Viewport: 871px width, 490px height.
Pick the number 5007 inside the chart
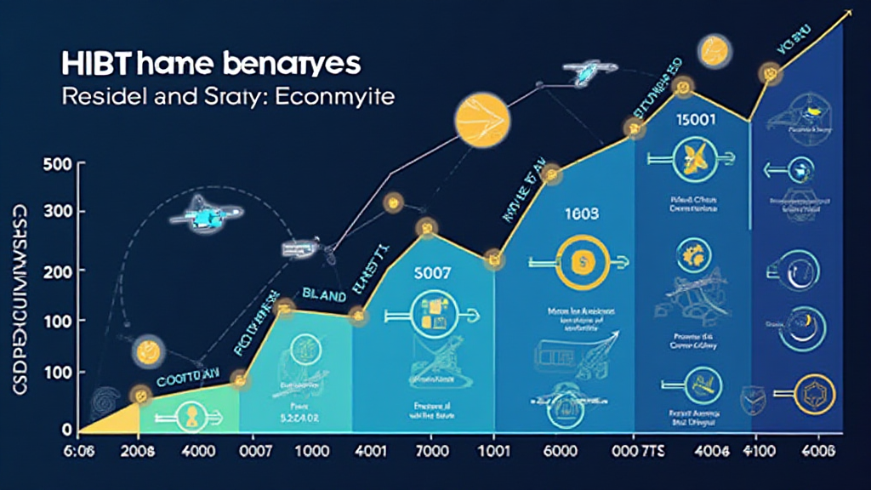click(x=432, y=275)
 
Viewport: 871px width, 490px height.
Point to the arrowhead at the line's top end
click(x=850, y=14)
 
